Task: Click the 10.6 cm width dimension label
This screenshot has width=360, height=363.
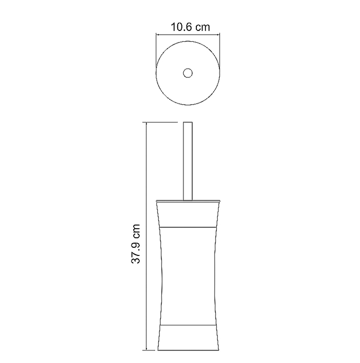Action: (190, 27)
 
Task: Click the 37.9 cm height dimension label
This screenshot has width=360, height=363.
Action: (136, 244)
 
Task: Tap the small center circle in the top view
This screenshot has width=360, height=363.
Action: (188, 73)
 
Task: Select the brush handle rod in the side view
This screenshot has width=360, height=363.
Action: (188, 161)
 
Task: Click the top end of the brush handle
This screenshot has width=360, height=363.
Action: (188, 122)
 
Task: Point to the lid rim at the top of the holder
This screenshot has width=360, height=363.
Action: (188, 201)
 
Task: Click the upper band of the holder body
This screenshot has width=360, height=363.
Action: (188, 215)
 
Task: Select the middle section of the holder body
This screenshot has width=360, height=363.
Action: (188, 276)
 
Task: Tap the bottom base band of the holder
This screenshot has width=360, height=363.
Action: (188, 338)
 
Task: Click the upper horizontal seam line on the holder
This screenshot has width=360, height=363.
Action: (188, 228)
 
